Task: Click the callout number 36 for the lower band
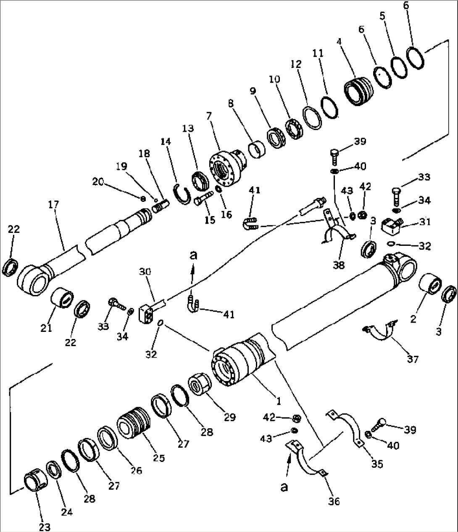334,501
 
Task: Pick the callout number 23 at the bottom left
45,527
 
